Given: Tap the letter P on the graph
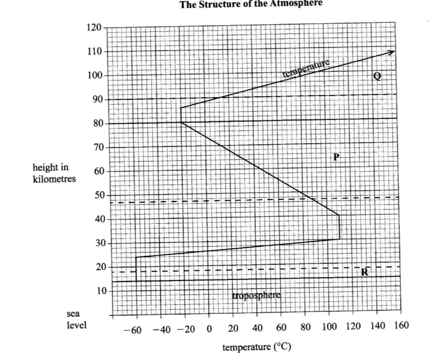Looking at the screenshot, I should point(336,157).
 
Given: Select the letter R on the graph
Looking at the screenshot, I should point(364,272).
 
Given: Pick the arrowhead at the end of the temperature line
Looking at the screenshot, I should point(392,52).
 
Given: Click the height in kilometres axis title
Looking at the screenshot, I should point(54,173).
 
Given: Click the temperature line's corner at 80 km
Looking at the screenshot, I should point(181,123).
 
